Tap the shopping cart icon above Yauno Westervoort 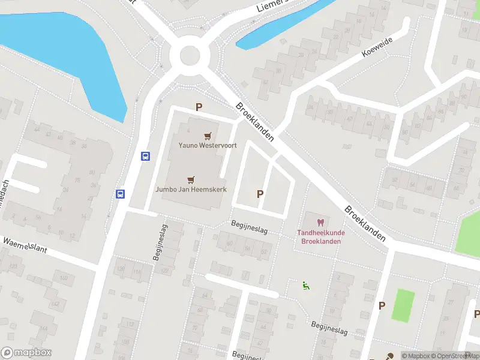tap(208, 136)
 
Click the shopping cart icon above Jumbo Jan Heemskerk tap(191, 179)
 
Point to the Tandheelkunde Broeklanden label tap(319, 237)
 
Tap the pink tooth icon tap(320, 223)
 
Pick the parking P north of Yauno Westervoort tap(199, 107)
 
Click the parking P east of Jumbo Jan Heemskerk tap(260, 194)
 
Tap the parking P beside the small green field tap(382, 305)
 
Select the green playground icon tap(306, 286)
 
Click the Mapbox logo tap(26, 353)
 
